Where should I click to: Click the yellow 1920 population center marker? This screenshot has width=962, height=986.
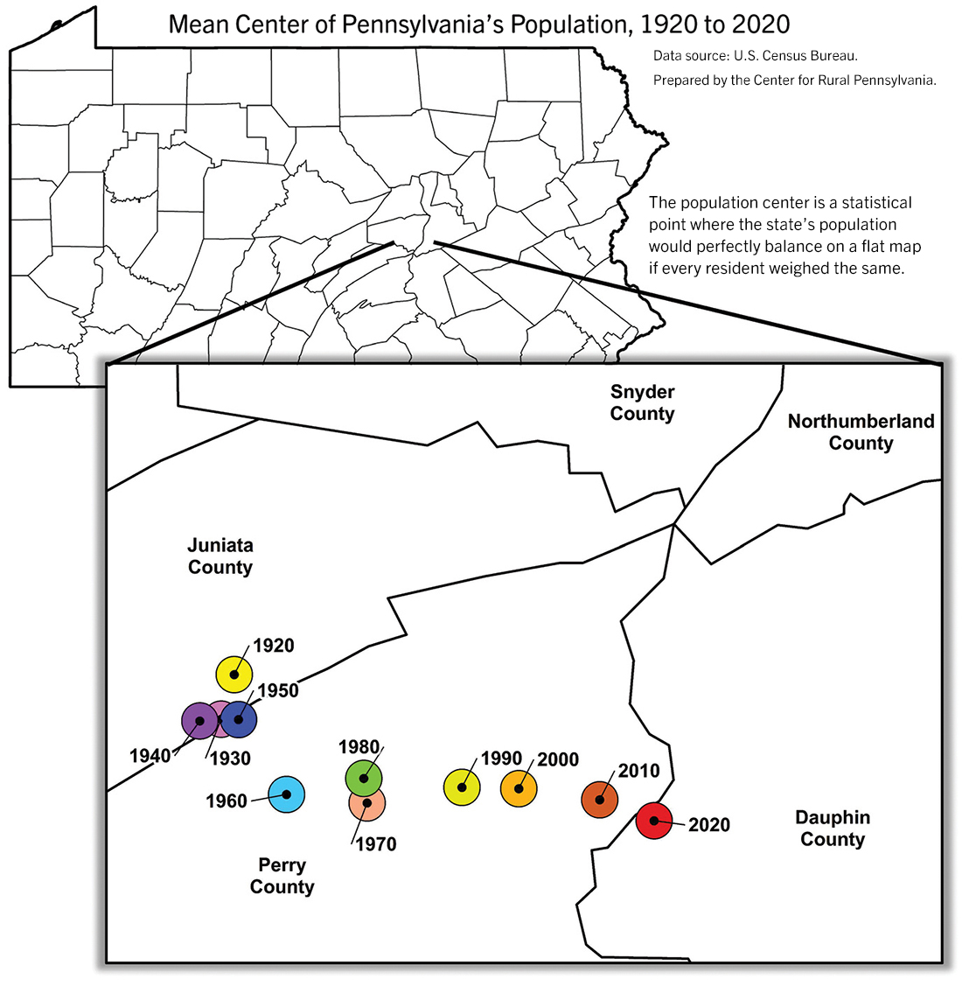pyautogui.click(x=234, y=674)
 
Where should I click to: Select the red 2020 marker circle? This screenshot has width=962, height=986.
pyautogui.click(x=653, y=821)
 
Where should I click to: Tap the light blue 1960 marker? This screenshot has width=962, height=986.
pyautogui.click(x=286, y=794)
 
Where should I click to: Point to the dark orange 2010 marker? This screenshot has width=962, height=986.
pyautogui.click(x=600, y=800)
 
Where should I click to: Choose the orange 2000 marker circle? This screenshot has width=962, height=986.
pyautogui.click(x=519, y=788)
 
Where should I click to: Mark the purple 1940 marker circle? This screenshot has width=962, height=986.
pyautogui.click(x=199, y=721)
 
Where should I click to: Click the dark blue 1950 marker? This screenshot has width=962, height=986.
pyautogui.click(x=239, y=720)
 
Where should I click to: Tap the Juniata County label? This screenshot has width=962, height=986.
pyautogui.click(x=220, y=556)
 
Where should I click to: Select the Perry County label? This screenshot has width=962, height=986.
pyautogui.click(x=282, y=876)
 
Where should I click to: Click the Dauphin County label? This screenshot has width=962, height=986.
pyautogui.click(x=833, y=829)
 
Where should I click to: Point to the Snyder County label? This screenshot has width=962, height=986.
pyautogui.click(x=643, y=402)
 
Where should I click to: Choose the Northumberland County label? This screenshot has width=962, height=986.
pyautogui.click(x=861, y=432)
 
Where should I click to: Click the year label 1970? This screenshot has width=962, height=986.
pyautogui.click(x=375, y=844)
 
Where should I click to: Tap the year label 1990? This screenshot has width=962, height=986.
pyautogui.click(x=501, y=759)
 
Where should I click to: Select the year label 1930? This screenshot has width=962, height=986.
pyautogui.click(x=230, y=759)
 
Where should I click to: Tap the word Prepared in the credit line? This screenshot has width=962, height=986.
pyautogui.click(x=680, y=80)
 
